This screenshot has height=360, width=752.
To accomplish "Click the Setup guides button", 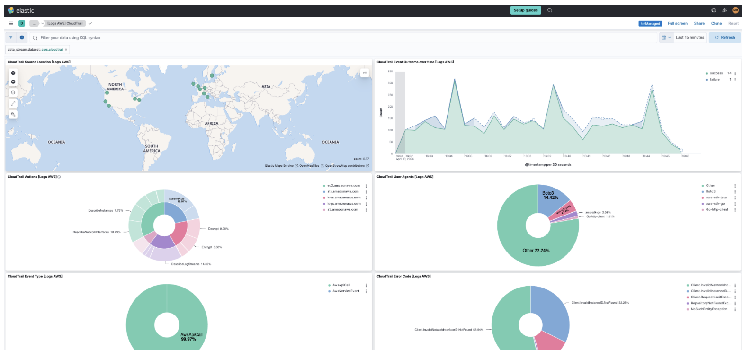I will click(x=525, y=10).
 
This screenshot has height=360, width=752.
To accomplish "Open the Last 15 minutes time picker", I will click(x=689, y=37).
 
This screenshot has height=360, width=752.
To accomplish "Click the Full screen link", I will click(x=677, y=23).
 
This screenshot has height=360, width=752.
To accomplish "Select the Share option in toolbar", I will click(x=699, y=23).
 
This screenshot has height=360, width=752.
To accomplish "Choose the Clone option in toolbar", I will click(x=716, y=23).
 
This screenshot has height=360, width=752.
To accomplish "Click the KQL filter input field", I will click(x=331, y=38).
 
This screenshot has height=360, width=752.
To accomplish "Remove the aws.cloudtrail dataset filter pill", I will click(x=66, y=50).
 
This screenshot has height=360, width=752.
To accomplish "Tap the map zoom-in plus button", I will click(x=13, y=73).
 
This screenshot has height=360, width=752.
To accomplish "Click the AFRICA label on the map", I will click(x=211, y=124).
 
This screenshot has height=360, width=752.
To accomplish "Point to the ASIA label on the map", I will click(x=266, y=87).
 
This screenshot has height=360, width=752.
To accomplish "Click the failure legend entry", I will click(x=714, y=80).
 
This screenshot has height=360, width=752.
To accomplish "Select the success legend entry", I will click(x=716, y=73).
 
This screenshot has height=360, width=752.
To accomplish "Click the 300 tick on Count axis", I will click(x=390, y=83).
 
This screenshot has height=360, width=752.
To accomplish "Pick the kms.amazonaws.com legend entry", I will click(x=343, y=198).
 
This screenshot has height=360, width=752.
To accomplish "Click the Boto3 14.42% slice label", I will click(x=550, y=195).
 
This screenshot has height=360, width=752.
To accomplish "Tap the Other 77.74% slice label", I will click(x=536, y=251).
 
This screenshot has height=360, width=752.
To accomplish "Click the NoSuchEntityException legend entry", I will click(x=708, y=309).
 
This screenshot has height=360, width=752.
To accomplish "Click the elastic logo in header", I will click(x=21, y=10).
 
